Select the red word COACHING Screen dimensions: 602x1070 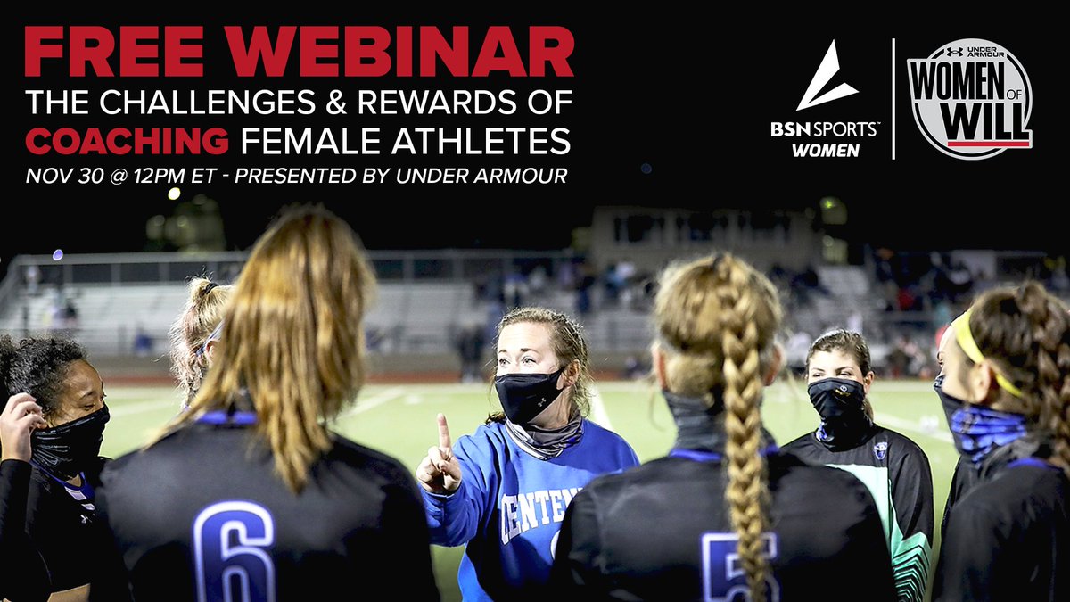127,139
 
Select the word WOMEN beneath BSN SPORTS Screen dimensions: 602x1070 826,151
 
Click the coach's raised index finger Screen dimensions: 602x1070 443,433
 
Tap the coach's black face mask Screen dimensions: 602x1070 529,395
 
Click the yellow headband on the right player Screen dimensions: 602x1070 977,349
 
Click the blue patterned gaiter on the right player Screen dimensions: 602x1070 986,427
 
